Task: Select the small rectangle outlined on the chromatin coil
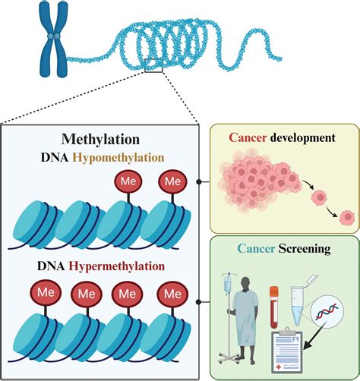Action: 153,70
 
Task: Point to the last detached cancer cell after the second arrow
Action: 348,219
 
